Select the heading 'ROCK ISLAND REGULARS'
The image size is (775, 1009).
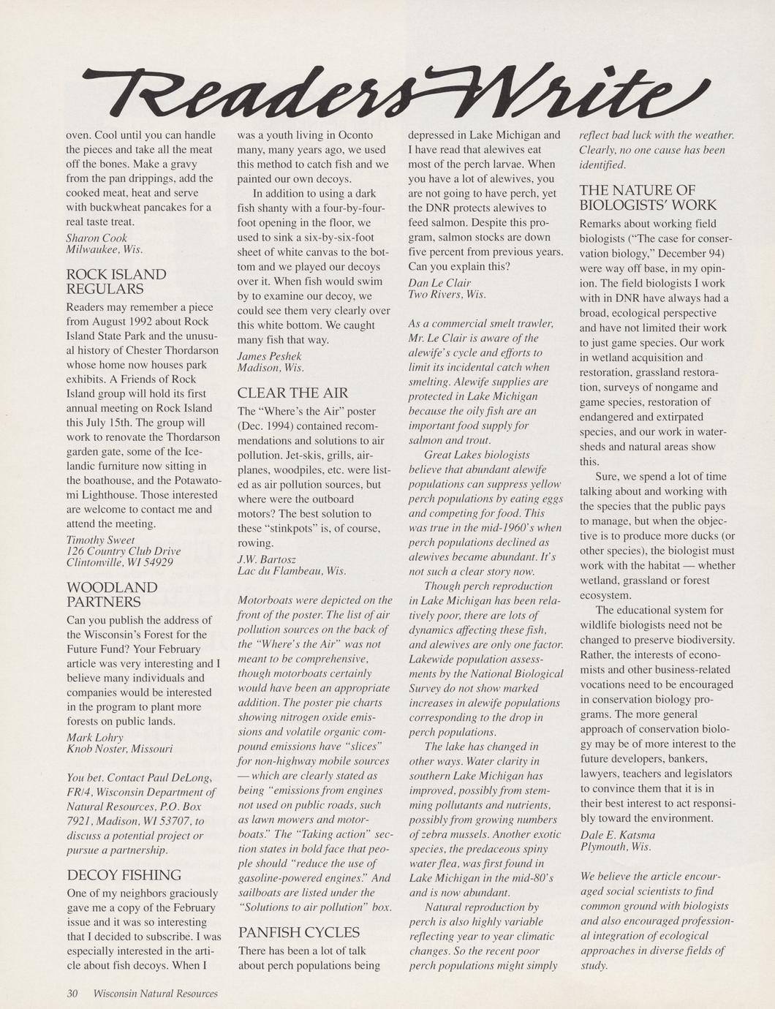pos(116,281)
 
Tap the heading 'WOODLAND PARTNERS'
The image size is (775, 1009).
pos(112,594)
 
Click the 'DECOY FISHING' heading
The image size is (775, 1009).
pos(124,875)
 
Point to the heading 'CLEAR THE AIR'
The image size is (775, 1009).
pos(293,393)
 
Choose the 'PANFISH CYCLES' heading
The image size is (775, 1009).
pos(299,932)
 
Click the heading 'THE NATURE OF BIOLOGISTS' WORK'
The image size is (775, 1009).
pos(648,197)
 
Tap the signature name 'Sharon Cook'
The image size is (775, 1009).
pos(97,238)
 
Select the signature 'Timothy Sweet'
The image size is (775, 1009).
pos(100,540)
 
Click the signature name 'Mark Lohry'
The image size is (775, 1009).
pos(95,737)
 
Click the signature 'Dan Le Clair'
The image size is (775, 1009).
pos(439,282)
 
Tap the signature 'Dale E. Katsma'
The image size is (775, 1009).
pos(618,834)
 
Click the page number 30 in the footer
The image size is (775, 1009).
pos(72,993)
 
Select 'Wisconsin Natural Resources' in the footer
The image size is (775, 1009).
pos(156,993)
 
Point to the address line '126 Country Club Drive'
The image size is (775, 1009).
pos(124,551)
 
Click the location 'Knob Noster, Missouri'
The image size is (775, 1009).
pos(120,749)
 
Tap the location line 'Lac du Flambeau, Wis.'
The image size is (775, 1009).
pos(292,570)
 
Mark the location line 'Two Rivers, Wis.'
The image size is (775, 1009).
pos(447,294)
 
